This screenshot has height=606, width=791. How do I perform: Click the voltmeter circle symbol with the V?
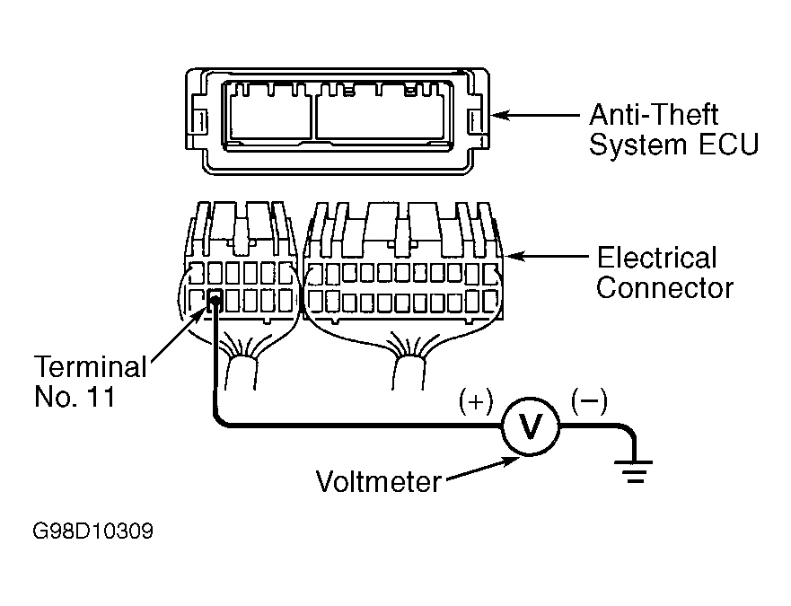(531, 426)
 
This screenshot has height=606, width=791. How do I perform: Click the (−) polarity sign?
(589, 400)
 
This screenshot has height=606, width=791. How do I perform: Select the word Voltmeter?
(378, 481)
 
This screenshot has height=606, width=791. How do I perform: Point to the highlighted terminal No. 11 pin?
(215, 301)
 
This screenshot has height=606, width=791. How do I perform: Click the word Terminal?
(91, 367)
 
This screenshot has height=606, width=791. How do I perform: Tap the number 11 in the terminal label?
(101, 397)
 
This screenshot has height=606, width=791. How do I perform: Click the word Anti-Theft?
(654, 115)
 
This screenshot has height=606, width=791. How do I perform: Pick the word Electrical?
(657, 258)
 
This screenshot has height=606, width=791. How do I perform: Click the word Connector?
(665, 288)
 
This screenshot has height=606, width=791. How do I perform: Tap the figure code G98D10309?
(92, 531)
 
